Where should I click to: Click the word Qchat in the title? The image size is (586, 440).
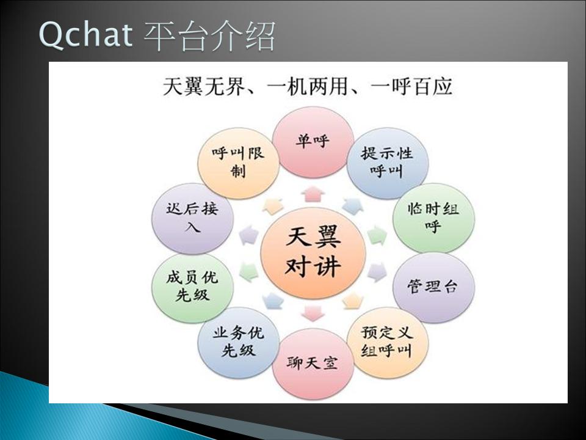point(85,35)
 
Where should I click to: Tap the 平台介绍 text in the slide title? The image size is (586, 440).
point(209,35)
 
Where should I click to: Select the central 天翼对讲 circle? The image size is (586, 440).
point(313,252)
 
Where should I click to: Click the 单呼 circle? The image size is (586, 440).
point(313,142)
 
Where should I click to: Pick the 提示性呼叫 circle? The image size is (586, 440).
point(388,163)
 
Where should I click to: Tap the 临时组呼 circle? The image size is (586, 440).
point(433,218)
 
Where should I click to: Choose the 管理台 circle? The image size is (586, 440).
point(433,287)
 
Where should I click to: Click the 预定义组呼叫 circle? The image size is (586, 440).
point(388,342)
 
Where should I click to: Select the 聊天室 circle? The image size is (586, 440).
point(313,363)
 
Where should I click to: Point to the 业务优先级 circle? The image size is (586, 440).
point(239,342)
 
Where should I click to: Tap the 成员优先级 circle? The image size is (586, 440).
point(192,287)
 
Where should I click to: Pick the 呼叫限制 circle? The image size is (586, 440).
point(239,163)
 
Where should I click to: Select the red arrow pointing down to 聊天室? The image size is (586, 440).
point(313,313)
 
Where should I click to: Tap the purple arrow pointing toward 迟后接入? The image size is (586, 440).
point(249,236)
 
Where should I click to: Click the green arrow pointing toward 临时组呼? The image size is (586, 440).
point(377,236)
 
